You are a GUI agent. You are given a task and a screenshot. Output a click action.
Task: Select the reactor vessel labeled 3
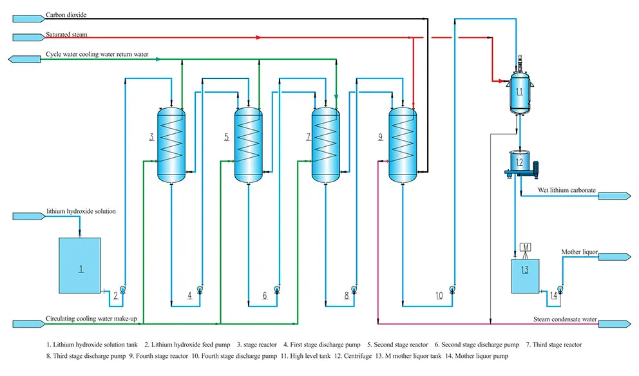[x=171, y=145]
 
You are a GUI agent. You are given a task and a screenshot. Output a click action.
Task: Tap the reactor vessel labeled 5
[x=248, y=145]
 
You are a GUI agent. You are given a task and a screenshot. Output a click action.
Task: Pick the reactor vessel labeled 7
[x=325, y=145]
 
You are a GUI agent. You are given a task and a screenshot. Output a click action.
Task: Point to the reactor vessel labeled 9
[x=401, y=145]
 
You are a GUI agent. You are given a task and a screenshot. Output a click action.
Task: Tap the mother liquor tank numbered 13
[x=525, y=276]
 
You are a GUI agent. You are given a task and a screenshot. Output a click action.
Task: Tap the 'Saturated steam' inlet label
[x=66, y=35]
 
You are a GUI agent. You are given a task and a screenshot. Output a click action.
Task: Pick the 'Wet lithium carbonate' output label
[x=566, y=191]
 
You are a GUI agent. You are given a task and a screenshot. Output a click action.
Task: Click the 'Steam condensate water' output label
[x=565, y=319]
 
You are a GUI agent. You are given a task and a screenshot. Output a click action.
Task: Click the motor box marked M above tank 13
[x=525, y=248]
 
